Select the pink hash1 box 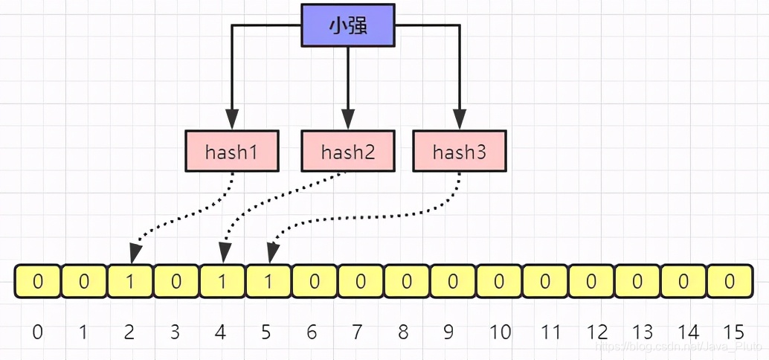pos(231,152)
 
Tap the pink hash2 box pos(347,152)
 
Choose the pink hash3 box pos(459,152)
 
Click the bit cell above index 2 pos(130,282)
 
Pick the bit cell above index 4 pos(222,282)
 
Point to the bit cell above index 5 pos(268,282)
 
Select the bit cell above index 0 pos(38,282)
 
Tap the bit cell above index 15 pos(730,282)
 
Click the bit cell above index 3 pos(176,282)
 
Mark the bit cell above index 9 pos(453,282)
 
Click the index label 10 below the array pos(500,332)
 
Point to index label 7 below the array pos(357,332)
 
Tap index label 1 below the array pos(83,332)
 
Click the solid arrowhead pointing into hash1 pos(232,119)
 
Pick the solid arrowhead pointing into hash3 pos(459,119)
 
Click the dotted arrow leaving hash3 pos(372,219)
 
